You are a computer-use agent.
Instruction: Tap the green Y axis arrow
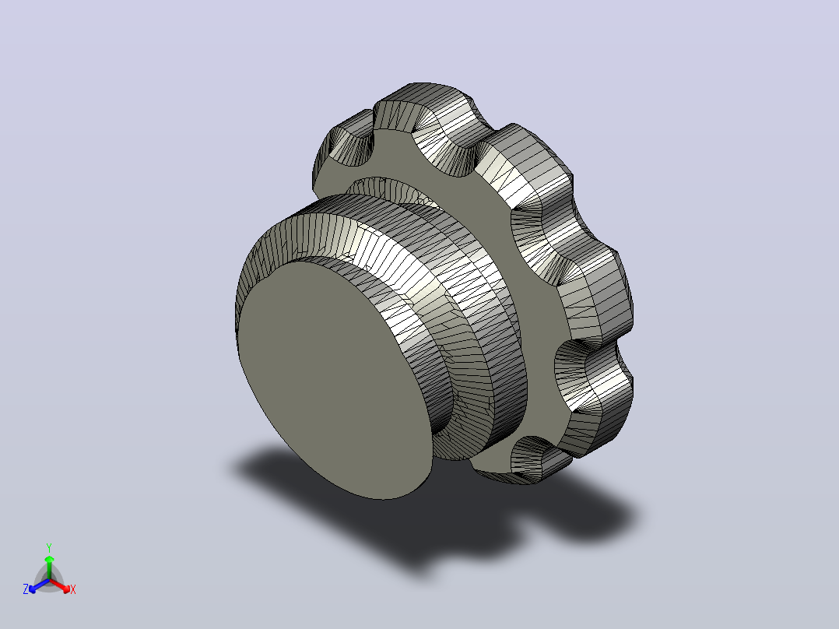tap(49, 568)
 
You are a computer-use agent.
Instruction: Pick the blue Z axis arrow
tap(39, 585)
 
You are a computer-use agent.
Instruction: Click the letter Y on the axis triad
tap(49, 547)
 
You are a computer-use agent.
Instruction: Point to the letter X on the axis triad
tap(73, 589)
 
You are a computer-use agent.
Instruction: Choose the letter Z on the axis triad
tap(26, 589)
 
